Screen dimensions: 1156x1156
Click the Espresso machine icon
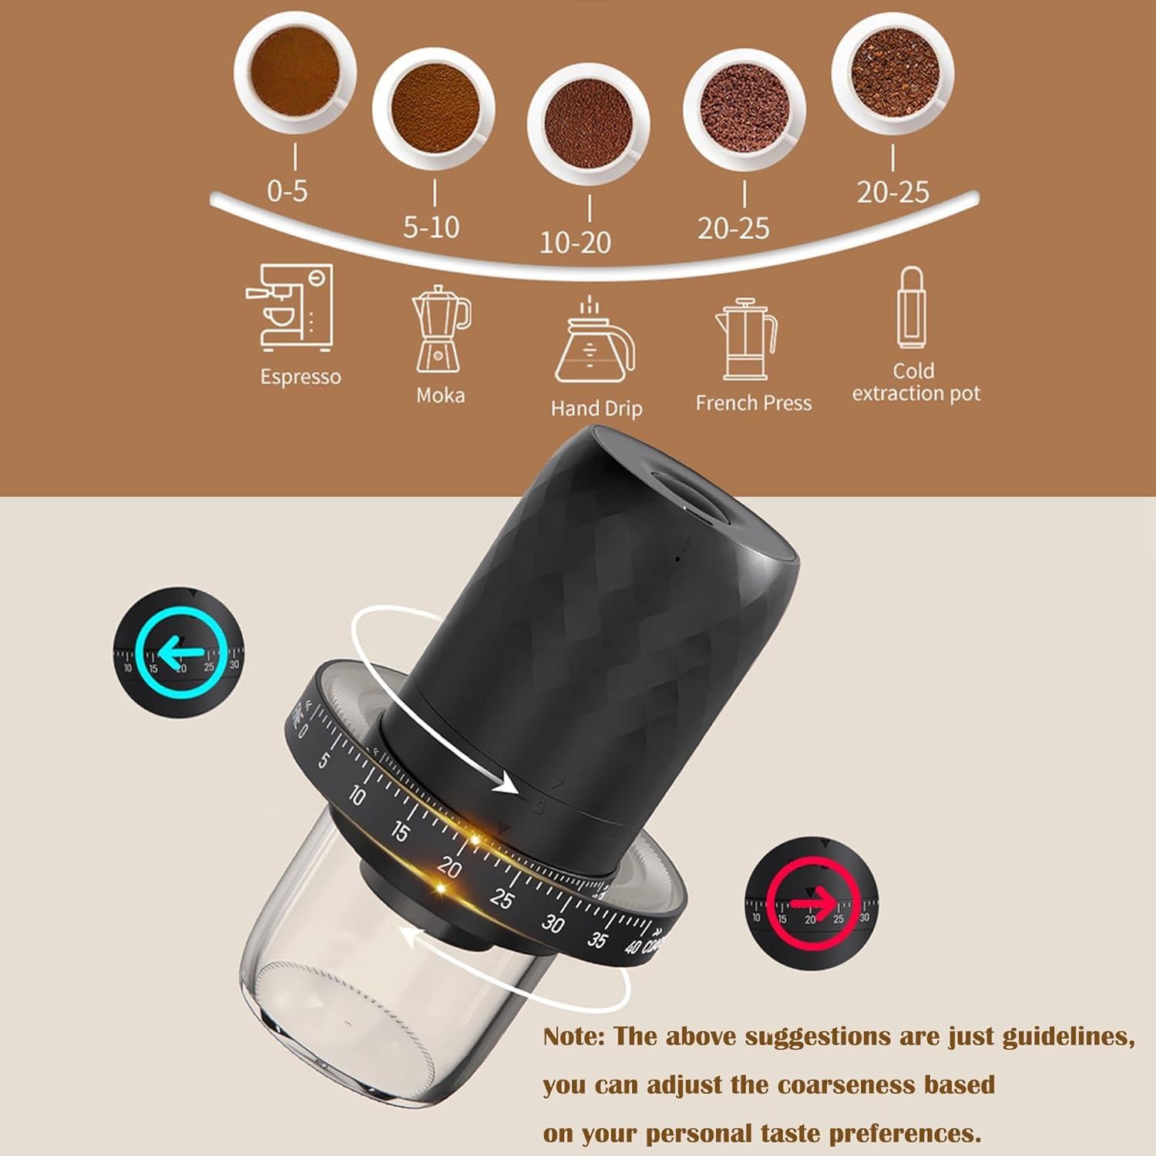[291, 308]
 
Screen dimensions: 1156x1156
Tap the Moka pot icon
[441, 329]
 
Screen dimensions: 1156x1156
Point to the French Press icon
[746, 340]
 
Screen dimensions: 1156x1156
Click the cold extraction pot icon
[912, 309]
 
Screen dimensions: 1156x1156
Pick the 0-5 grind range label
[287, 190]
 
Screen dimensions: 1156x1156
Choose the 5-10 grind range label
[432, 227]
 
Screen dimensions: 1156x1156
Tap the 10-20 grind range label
[575, 242]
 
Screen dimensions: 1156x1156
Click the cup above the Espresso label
[294, 73]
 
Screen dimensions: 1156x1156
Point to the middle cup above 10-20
[588, 126]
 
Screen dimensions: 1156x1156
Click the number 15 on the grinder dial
[400, 832]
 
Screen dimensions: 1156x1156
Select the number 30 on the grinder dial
[552, 923]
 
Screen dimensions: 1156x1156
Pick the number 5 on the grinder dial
[324, 761]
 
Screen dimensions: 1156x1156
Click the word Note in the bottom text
[573, 1037]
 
